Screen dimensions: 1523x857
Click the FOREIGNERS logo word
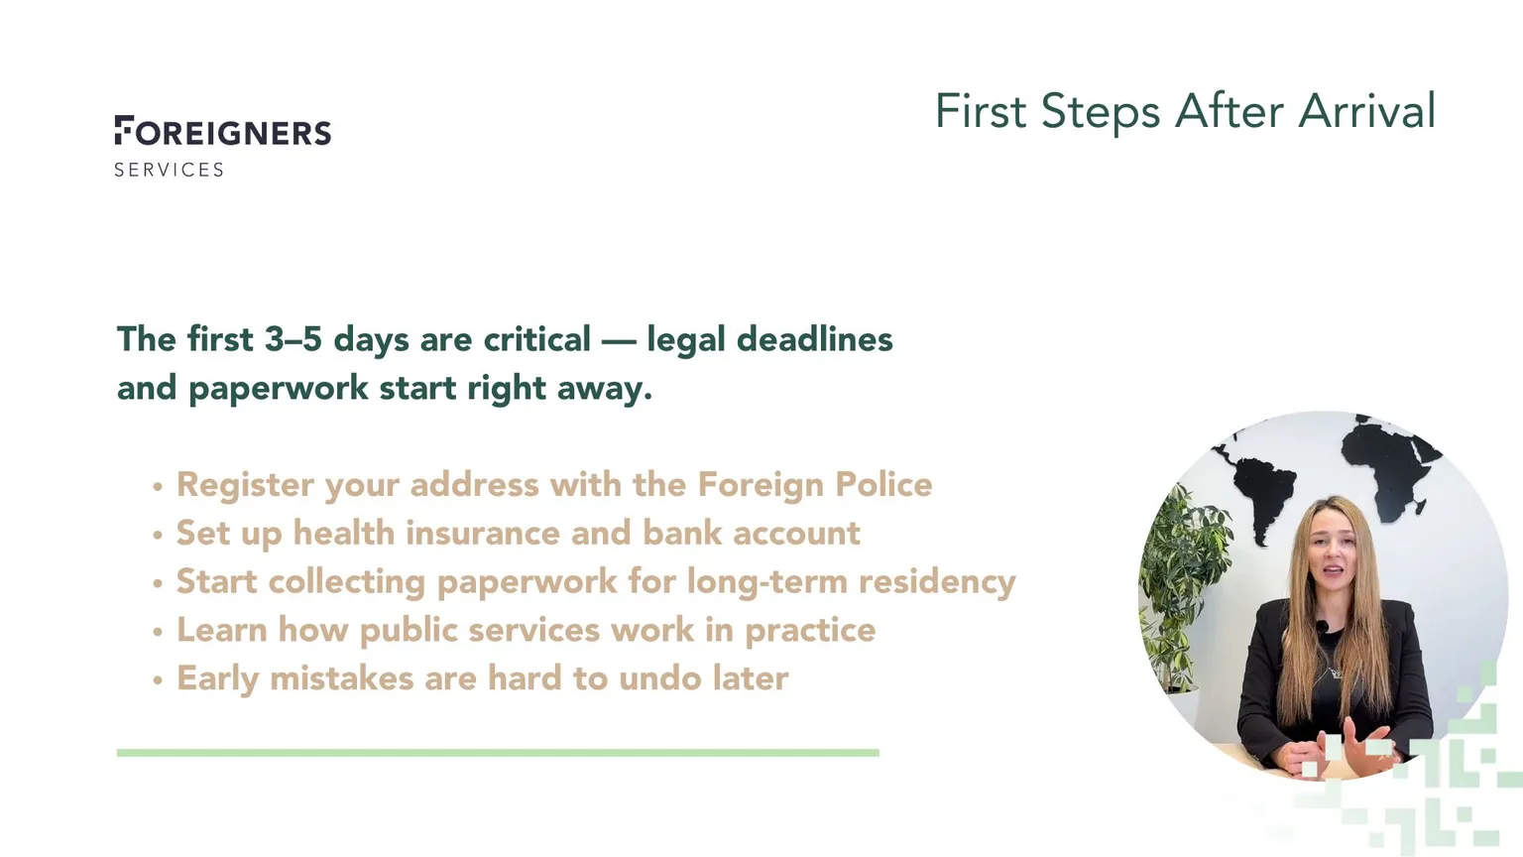tap(223, 131)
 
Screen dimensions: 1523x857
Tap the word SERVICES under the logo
tap(169, 170)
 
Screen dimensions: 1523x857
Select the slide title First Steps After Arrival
tap(1185, 111)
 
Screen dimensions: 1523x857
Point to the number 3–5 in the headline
tap(293, 338)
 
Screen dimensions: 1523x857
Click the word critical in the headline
tap(536, 338)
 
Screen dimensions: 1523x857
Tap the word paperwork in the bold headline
tap(278, 389)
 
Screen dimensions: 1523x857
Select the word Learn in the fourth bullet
tap(222, 630)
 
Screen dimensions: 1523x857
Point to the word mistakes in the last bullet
tap(341, 678)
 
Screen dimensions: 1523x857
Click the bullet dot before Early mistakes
tap(158, 679)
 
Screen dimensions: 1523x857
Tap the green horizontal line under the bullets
tap(498, 752)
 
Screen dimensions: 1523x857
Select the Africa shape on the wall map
tap(1390, 466)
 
